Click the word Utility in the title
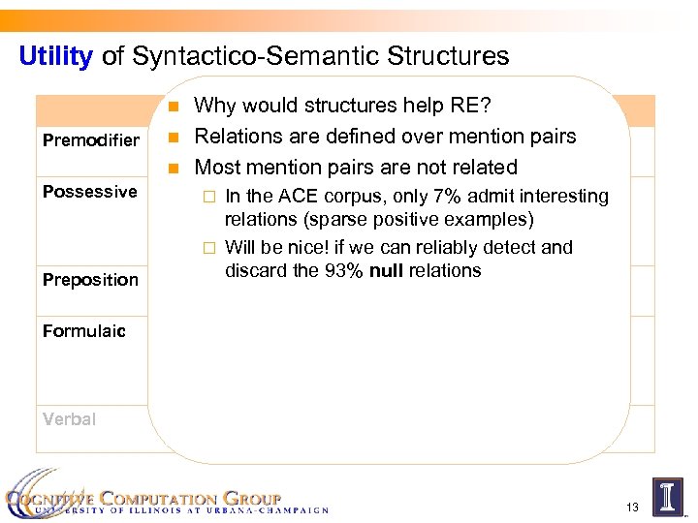pyautogui.click(x=55, y=56)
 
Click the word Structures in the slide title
pyautogui.click(x=451, y=56)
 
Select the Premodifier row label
pyautogui.click(x=91, y=140)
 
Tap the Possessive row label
pyautogui.click(x=90, y=191)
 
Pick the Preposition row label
pyautogui.click(x=90, y=280)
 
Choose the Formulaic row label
pyautogui.click(x=84, y=331)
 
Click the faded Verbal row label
pyautogui.click(x=69, y=419)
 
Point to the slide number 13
pyautogui.click(x=633, y=507)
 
